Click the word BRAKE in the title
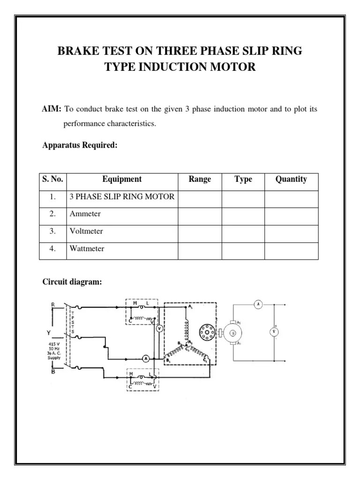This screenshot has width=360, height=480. pos(75,51)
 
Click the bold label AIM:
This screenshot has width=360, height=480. pos(52,109)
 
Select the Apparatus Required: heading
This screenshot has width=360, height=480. pos(80,145)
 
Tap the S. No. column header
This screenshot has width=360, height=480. pos(52,179)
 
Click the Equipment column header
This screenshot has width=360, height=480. pos(122,179)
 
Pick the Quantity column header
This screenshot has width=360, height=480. pos(291,179)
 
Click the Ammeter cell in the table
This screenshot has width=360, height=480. pos(85,214)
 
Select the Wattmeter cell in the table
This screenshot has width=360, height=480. pos(87,248)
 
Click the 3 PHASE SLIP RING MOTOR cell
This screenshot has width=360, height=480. pos(122,196)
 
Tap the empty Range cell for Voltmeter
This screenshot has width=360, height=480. pos(200,231)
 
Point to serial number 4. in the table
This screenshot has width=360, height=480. pos(52,248)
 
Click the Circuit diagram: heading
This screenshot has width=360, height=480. pos(72,282)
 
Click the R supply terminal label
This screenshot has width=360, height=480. pos(53,304)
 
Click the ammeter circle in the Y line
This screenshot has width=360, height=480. pos(145,359)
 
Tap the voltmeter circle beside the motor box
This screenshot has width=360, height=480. pos(159,329)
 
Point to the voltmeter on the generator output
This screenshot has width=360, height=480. pos(273,332)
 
